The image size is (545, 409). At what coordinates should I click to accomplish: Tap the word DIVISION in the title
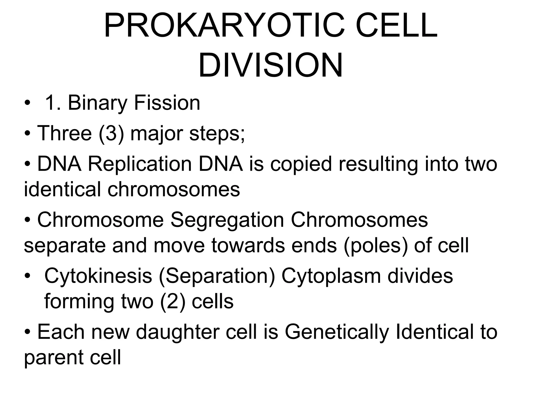point(270,66)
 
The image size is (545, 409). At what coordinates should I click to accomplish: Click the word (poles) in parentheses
point(375,245)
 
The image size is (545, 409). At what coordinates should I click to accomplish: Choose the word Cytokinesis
point(98,276)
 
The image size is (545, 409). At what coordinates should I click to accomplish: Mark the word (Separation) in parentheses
point(217,276)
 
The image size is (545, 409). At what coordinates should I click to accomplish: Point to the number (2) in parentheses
point(173,301)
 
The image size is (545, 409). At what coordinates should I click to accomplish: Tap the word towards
point(248,245)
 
